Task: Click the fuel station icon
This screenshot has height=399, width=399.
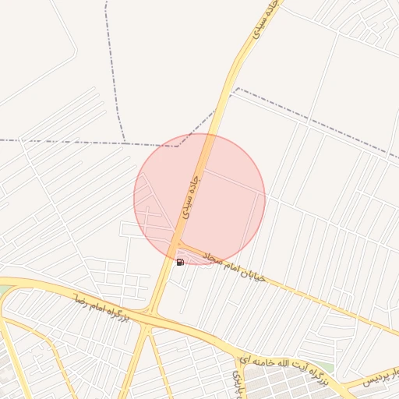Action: pyautogui.click(x=180, y=262)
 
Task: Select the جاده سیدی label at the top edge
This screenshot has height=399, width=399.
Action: pyautogui.click(x=263, y=21)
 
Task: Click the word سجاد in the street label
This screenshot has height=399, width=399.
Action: pyautogui.click(x=214, y=258)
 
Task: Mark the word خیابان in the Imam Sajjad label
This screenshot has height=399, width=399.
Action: pyautogui.click(x=257, y=276)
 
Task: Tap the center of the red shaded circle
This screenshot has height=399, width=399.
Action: pyautogui.click(x=199, y=199)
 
